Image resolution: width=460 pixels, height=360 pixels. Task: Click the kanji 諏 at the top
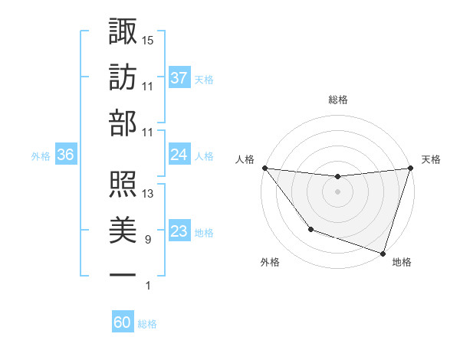click(123, 32)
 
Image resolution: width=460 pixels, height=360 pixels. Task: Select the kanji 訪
click(123, 78)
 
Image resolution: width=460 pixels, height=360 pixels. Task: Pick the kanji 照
click(123, 185)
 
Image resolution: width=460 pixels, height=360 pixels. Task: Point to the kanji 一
click(123, 274)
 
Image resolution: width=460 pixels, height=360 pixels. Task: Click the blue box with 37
click(179, 78)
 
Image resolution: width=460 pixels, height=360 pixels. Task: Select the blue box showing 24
click(179, 155)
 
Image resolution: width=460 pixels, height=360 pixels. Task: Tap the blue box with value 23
click(179, 232)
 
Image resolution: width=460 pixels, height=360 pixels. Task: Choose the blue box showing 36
click(65, 155)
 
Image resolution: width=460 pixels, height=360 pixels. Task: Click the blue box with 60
click(123, 323)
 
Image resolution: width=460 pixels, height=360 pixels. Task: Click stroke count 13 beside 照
click(148, 194)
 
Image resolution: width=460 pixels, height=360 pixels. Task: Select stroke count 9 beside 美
click(148, 240)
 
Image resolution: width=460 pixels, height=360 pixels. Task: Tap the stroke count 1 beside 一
click(148, 286)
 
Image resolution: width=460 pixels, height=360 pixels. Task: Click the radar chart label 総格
click(338, 100)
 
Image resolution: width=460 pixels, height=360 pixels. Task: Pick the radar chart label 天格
click(431, 159)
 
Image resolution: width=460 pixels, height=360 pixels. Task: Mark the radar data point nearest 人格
click(264, 168)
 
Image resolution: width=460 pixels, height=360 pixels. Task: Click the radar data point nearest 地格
click(383, 253)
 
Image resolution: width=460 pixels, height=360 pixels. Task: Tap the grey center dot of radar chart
click(337, 191)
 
